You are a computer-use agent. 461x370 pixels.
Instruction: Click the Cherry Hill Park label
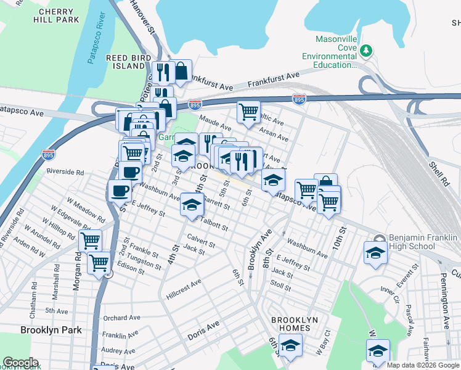pyautogui.click(x=59, y=15)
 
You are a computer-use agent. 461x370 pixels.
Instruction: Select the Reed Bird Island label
pyautogui.click(x=125, y=62)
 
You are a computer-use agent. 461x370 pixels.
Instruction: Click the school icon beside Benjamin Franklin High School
pyautogui.click(x=373, y=253)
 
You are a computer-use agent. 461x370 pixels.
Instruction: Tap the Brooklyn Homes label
pyautogui.click(x=295, y=324)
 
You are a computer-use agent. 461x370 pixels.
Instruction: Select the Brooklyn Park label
pyautogui.click(x=51, y=330)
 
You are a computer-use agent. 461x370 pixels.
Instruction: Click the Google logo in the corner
pyautogui.click(x=20, y=363)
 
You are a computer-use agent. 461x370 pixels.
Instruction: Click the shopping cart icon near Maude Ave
pyautogui.click(x=248, y=112)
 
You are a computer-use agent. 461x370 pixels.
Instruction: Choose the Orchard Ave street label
pyautogui.click(x=118, y=318)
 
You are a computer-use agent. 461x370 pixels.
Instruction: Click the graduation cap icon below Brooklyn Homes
pyautogui.click(x=290, y=347)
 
